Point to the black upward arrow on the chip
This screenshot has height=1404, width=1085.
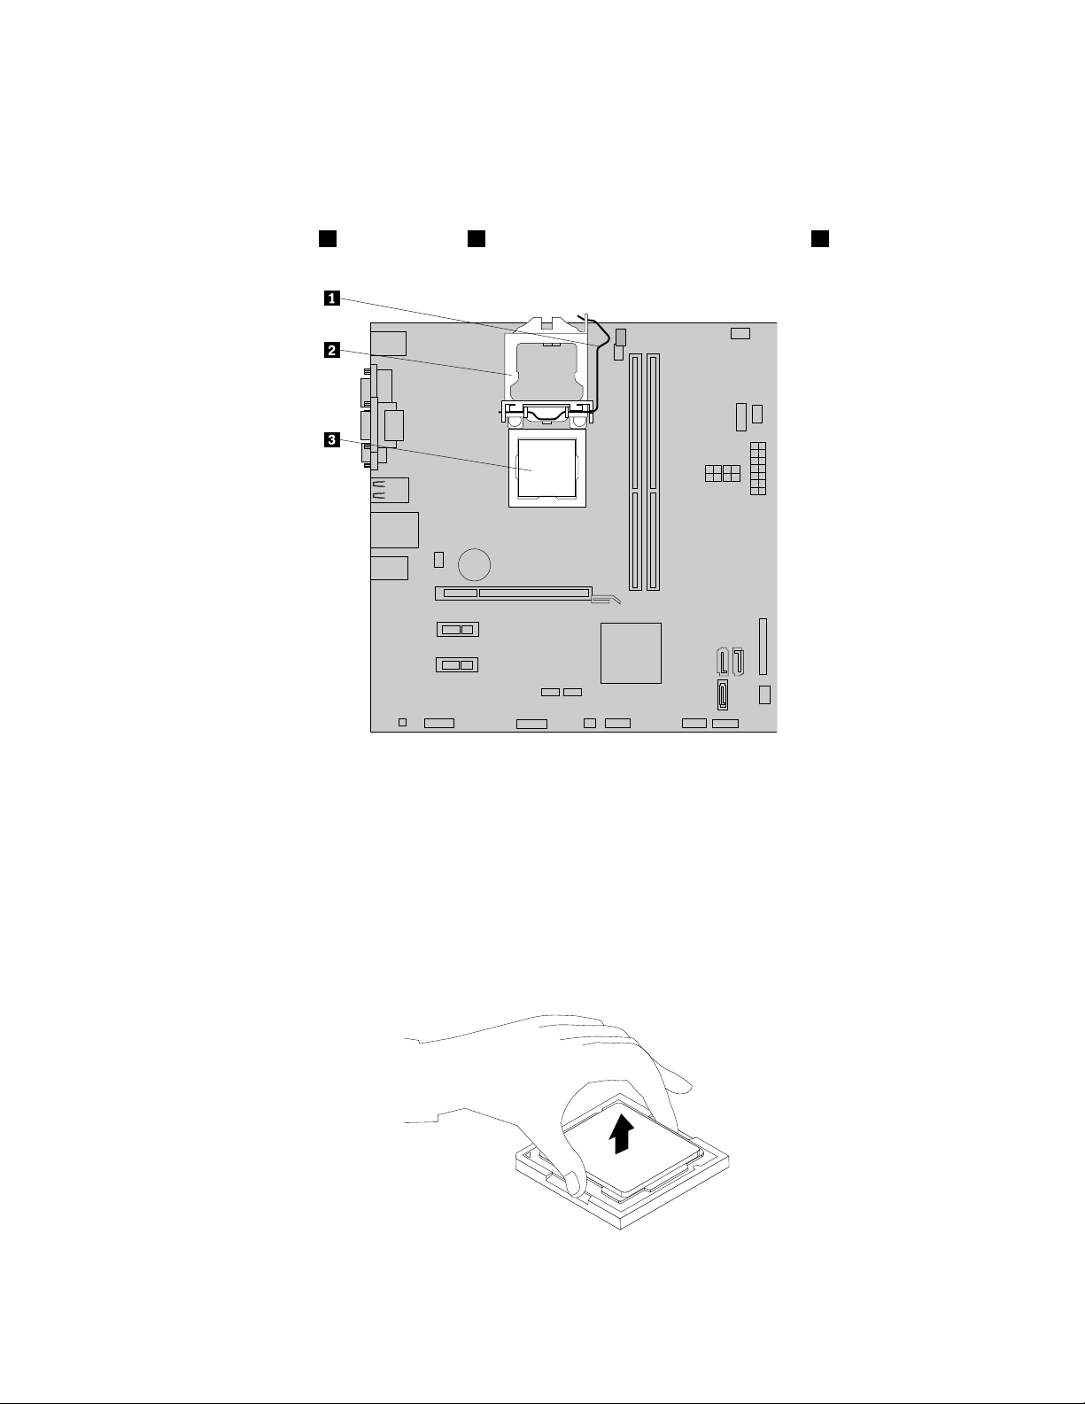(624, 1133)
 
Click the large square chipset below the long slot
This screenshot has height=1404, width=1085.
(631, 653)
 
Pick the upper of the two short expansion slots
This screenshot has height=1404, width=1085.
(457, 629)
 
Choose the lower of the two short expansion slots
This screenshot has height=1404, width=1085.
(457, 664)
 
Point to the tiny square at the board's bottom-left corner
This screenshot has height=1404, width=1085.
(402, 723)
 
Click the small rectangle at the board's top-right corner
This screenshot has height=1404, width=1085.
(740, 333)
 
